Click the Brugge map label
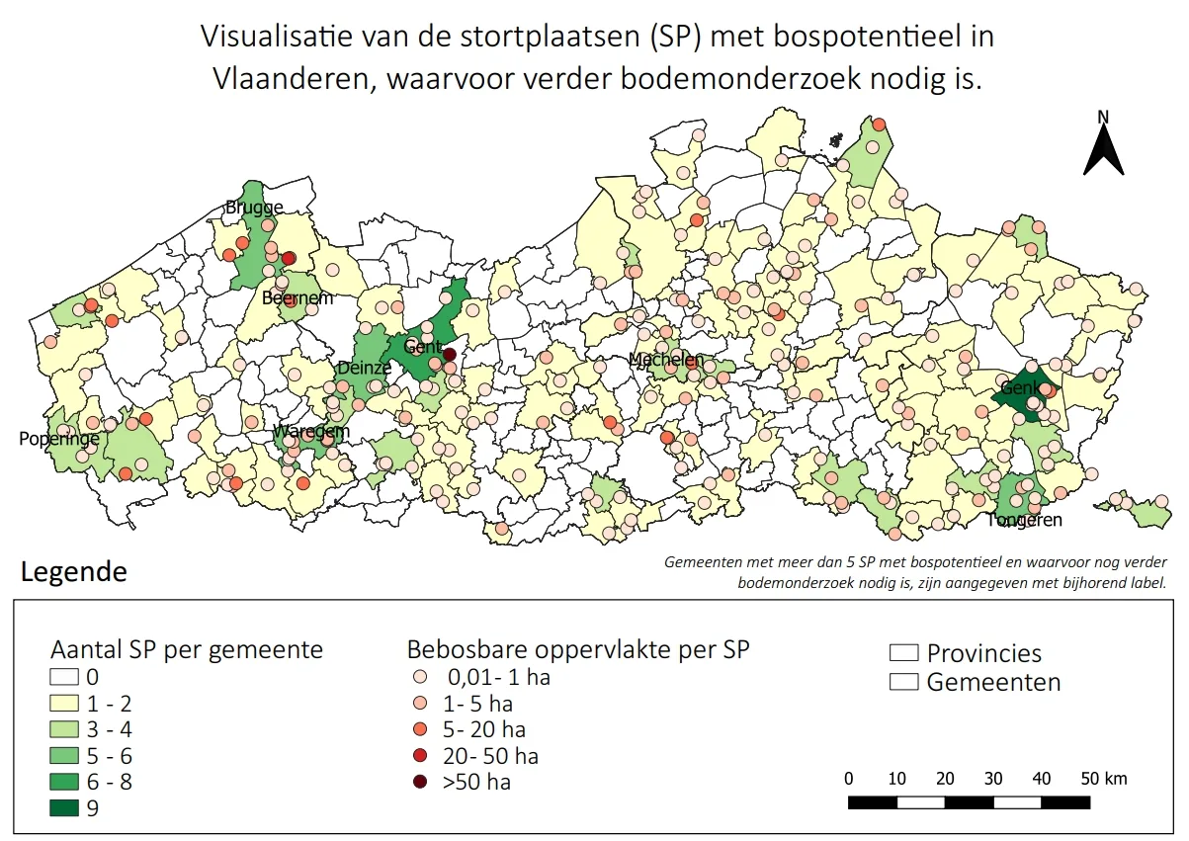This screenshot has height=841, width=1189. click(254, 208)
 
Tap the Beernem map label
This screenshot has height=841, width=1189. click(297, 297)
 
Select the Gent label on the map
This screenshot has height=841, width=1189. click(423, 347)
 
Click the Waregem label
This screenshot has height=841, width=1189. click(311, 432)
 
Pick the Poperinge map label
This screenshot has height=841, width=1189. click(58, 438)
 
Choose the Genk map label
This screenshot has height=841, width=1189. click(1021, 388)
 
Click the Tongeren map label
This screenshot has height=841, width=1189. click(1024, 520)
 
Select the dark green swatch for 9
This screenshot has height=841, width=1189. click(66, 808)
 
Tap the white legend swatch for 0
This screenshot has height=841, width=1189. click(66, 678)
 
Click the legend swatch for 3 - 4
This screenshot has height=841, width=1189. click(66, 730)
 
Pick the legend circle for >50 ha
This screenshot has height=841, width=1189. click(420, 783)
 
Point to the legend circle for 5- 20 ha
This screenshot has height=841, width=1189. click(420, 730)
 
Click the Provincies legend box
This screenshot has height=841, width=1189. click(903, 653)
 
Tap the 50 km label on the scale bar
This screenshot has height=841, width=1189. click(1102, 779)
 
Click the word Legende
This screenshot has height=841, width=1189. click(74, 572)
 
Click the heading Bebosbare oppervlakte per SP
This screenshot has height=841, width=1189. click(578, 650)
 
